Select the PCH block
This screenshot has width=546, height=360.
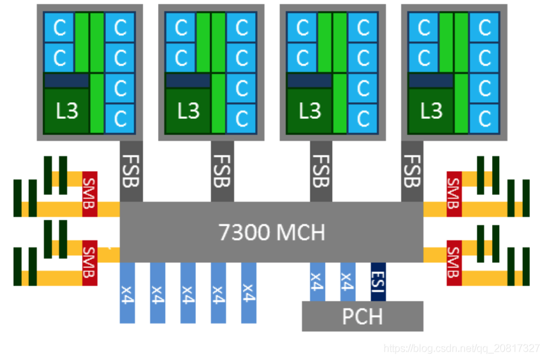click(x=362, y=316)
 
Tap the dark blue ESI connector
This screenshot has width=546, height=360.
click(x=378, y=282)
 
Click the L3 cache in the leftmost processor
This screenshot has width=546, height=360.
click(x=66, y=111)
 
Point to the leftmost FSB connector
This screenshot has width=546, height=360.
click(x=131, y=170)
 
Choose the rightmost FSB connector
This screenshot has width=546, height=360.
click(x=412, y=170)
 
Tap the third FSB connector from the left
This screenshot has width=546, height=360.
click(x=321, y=170)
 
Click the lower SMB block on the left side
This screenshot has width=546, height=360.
click(x=89, y=263)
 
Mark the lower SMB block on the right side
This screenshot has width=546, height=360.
click(x=454, y=263)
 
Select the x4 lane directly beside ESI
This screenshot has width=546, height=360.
click(x=348, y=282)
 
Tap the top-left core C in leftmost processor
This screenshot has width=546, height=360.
click(x=59, y=28)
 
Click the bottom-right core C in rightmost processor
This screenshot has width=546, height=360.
click(x=484, y=118)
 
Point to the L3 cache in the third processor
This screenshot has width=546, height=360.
click(x=310, y=111)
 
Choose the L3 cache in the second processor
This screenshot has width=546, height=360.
click(x=188, y=111)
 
